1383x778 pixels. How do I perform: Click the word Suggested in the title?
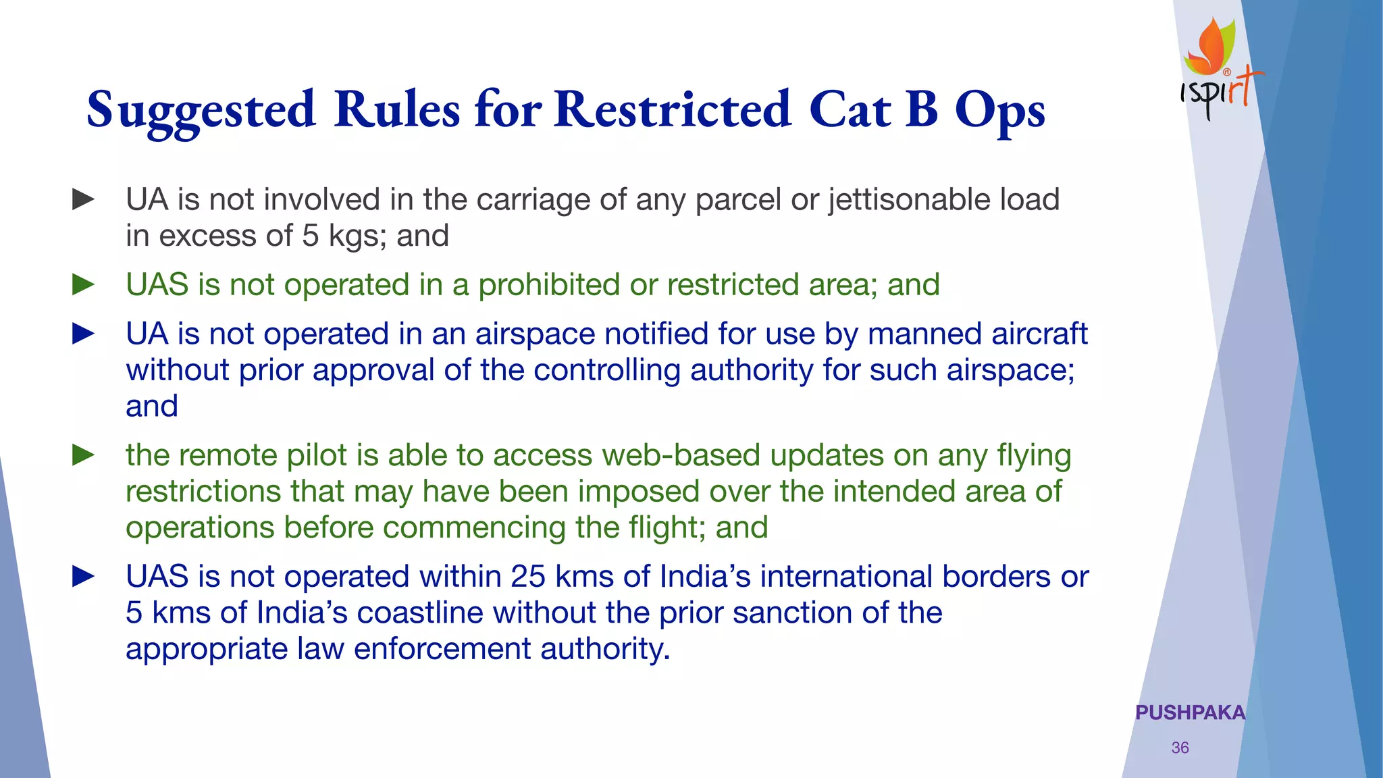(x=201, y=110)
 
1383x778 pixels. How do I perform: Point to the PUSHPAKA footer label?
(x=1190, y=712)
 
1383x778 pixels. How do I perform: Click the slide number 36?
(x=1180, y=748)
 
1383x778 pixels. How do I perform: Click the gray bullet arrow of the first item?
(x=83, y=199)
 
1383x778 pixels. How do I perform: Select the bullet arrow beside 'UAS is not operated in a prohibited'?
(x=83, y=284)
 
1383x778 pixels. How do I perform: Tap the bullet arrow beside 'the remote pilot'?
(x=83, y=455)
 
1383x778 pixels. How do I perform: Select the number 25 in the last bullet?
(x=527, y=577)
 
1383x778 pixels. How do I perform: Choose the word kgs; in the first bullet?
(x=357, y=236)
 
